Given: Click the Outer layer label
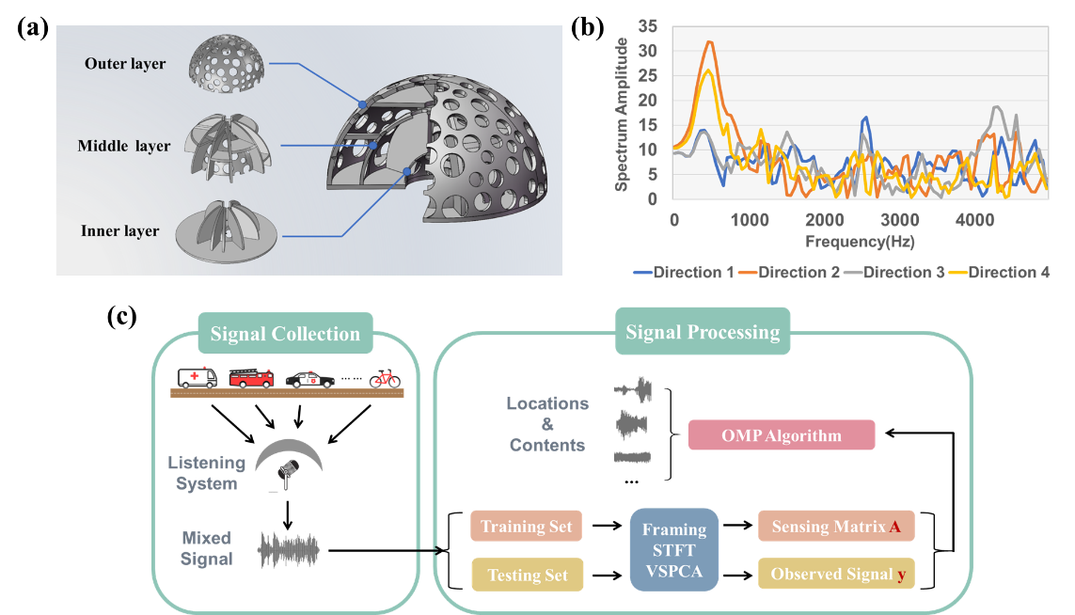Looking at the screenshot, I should coord(125,64).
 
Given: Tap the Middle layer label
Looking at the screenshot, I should coord(124,146).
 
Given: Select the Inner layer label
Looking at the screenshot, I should coord(121,230).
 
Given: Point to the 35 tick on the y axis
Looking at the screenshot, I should coord(649,26).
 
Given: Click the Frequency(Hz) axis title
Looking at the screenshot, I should coord(860,242).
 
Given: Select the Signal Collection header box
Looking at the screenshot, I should coord(285,334).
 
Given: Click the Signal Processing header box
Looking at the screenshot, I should coord(703,332).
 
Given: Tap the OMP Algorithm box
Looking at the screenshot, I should coord(781,435).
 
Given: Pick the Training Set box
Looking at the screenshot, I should coord(526,527).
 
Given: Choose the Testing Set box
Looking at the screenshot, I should coord(527,575).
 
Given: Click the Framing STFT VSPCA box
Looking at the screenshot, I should coord(673,550).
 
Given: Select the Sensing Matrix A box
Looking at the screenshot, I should coord(836,527).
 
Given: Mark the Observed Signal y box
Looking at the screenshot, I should coord(836,574).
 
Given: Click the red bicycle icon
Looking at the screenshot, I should coord(384,378).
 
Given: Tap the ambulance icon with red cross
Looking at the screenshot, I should coord(197,377).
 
